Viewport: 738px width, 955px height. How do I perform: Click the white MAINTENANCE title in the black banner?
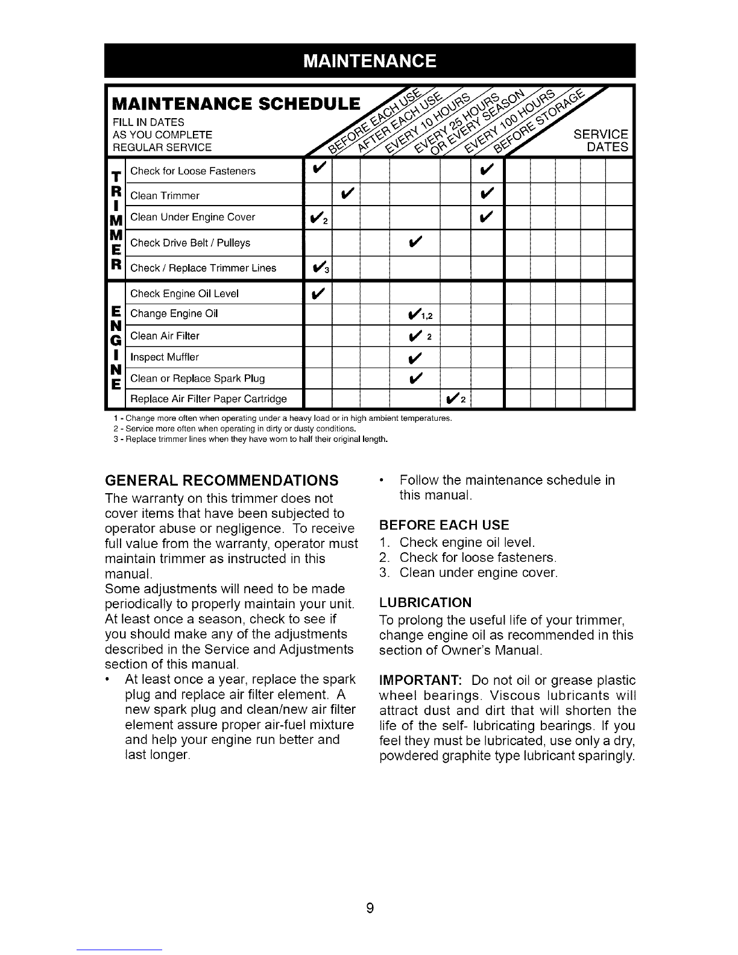coord(369,61)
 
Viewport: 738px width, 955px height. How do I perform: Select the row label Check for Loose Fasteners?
coord(192,171)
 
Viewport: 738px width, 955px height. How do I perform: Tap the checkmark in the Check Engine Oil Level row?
coord(318,294)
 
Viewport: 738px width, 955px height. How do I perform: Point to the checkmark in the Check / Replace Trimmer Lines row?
coord(318,268)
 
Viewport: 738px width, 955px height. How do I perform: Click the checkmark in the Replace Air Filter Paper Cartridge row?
coord(453,399)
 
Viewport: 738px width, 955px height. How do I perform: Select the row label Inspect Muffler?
coord(165,357)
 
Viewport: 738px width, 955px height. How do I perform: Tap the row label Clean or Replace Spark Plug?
coord(197,379)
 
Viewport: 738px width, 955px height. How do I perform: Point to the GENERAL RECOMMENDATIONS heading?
coord(221,481)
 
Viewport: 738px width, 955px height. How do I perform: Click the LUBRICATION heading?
coord(425,603)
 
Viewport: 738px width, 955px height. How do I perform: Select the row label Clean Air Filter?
coord(165,336)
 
